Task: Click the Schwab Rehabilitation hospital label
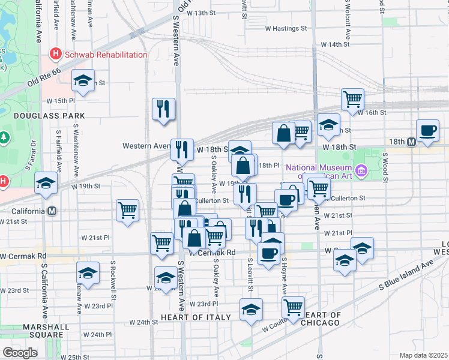[106, 55]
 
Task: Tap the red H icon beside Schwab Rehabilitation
[56, 55]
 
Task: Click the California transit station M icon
[53, 211]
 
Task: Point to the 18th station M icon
[411, 142]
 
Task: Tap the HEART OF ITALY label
[196, 317]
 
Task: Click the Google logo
[20, 353]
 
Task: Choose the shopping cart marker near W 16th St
[352, 98]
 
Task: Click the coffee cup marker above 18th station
[428, 130]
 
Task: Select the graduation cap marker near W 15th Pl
[83, 79]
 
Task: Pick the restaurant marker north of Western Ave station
[163, 109]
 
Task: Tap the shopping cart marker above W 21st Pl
[127, 210]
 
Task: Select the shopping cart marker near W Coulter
[293, 308]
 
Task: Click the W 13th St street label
[201, 13]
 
